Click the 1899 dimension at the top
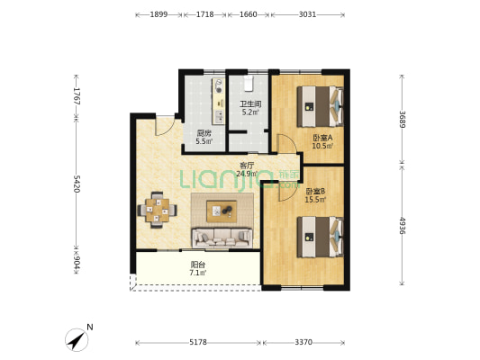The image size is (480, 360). coord(158,14)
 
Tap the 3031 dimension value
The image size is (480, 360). coord(307,14)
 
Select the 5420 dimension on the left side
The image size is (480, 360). coord(77,184)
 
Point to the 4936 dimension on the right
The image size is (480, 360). coord(402,226)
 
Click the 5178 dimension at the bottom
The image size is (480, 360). coord(198,342)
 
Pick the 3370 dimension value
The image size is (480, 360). coord(303,342)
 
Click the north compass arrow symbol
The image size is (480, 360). coord(77,340)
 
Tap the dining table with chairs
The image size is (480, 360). coord(157,210)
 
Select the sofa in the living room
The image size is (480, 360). coord(222,238)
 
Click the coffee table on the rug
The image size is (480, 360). coord(222,211)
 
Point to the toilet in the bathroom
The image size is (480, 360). coord(249,84)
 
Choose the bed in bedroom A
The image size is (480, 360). coord(320,106)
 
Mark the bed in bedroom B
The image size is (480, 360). coord(320,237)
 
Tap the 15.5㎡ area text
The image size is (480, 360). coord(315,200)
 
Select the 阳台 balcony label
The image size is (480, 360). coord(198,265)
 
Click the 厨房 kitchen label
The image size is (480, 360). coord(204,133)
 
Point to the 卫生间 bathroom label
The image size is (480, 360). coord(250,104)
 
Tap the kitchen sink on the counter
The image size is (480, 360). coord(219,116)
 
